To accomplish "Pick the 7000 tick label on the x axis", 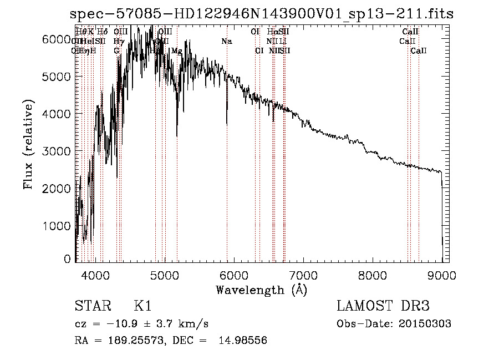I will click(303, 275).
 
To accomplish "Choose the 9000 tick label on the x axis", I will click(442, 275).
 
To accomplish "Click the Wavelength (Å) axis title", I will click(261, 289).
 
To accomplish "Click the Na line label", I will click(226, 42).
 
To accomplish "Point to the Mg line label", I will click(176, 51).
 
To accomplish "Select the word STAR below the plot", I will click(91, 306).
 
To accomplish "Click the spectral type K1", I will click(142, 306).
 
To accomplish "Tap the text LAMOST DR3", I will click(383, 306).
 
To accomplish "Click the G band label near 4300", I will click(116, 51).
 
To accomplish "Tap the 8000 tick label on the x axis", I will click(373, 275).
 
